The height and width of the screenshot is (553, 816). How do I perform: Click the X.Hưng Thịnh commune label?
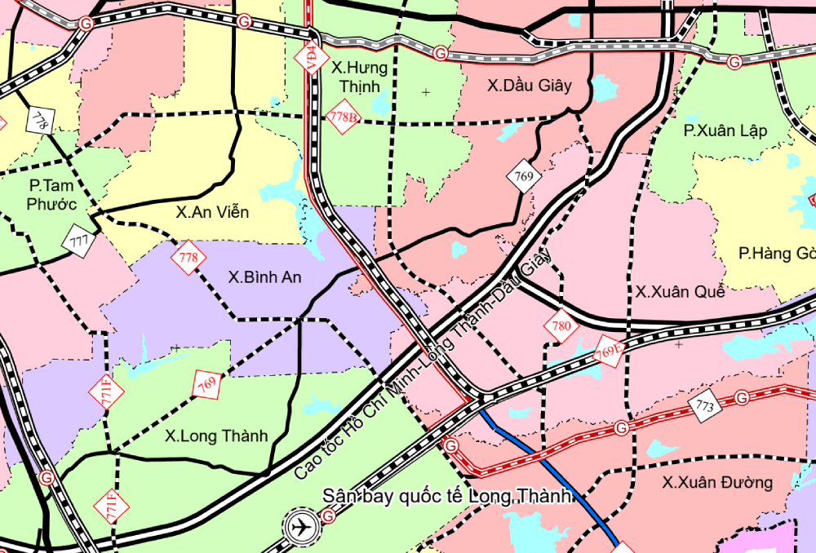pyautogui.click(x=360, y=77)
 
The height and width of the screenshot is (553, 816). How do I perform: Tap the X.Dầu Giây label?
pyautogui.click(x=530, y=85)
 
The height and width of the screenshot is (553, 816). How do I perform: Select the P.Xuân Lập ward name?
pyautogui.click(x=725, y=131)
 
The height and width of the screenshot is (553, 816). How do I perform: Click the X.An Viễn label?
pyautogui.click(x=212, y=212)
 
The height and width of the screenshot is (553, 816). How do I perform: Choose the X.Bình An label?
pyautogui.click(x=264, y=277)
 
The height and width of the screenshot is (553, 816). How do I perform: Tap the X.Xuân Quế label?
pyautogui.click(x=681, y=291)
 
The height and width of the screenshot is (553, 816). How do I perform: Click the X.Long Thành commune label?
pyautogui.click(x=216, y=436)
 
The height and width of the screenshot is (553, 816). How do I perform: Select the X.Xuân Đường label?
pyautogui.click(x=717, y=482)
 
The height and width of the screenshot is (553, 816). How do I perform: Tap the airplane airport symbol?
pyautogui.click(x=303, y=526)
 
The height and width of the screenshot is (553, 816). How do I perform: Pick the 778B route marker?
pyautogui.click(x=343, y=117)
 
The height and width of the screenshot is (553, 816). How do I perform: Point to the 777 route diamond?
pyautogui.click(x=79, y=241)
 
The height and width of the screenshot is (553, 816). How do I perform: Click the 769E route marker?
pyautogui.click(x=608, y=352)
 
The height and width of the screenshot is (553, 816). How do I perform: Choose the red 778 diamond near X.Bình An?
pyautogui.click(x=188, y=258)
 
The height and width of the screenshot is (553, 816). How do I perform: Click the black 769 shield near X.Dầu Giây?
pyautogui.click(x=524, y=175)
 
